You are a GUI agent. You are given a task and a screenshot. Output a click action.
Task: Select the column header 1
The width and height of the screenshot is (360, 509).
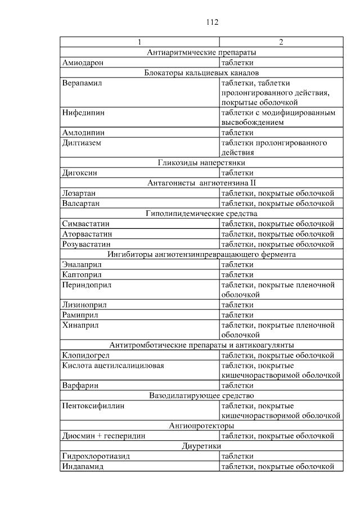click(x=139, y=42)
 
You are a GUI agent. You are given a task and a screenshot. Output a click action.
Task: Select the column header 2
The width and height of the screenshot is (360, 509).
click(x=281, y=42)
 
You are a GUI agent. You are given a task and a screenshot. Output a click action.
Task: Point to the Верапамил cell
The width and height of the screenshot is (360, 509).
click(x=81, y=83)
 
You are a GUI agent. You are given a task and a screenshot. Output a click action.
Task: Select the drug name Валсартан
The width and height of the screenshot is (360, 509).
click(x=81, y=204)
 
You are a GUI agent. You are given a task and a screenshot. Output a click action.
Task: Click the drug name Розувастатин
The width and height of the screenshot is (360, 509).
click(x=86, y=244)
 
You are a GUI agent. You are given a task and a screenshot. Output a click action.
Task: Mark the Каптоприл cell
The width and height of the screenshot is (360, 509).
click(x=81, y=274)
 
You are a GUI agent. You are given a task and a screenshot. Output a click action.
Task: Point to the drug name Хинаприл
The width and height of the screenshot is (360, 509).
click(x=81, y=325)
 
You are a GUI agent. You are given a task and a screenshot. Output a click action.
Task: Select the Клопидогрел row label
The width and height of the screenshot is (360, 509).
click(x=85, y=355)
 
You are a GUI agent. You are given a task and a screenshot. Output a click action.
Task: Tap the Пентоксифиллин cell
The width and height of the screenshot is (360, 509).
click(x=93, y=406)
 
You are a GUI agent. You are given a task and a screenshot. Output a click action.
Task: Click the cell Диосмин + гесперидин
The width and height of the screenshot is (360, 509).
click(x=103, y=436)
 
